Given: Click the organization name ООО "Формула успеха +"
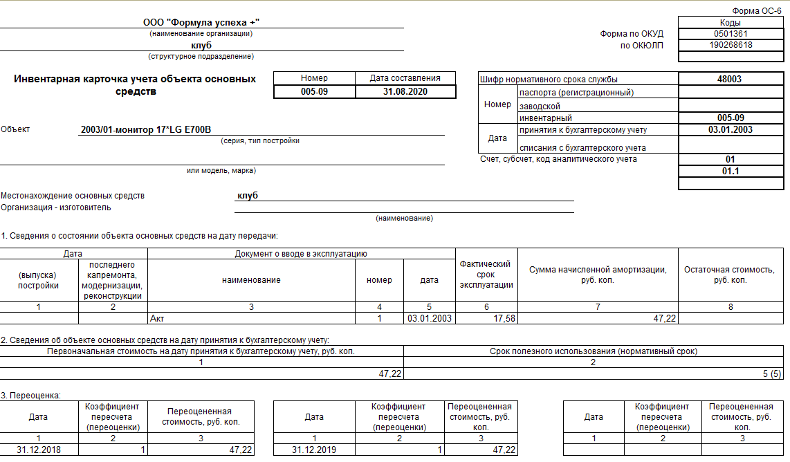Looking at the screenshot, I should [x=201, y=23].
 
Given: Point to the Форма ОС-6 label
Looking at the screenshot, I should [x=757, y=12].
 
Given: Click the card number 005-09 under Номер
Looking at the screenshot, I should [x=314, y=91].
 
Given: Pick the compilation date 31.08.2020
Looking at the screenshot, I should [x=405, y=91].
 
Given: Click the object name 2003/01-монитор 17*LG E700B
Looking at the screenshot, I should [x=146, y=129].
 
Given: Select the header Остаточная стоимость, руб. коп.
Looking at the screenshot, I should [x=734, y=275].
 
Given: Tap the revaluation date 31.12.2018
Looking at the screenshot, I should [x=39, y=450].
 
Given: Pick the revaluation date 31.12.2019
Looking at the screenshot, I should [x=315, y=450].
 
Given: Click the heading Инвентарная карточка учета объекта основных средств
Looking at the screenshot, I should [x=135, y=85].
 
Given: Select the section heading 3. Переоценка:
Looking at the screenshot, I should [x=31, y=396].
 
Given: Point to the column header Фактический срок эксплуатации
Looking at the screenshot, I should [x=486, y=275].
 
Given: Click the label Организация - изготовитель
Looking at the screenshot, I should [x=56, y=207].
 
